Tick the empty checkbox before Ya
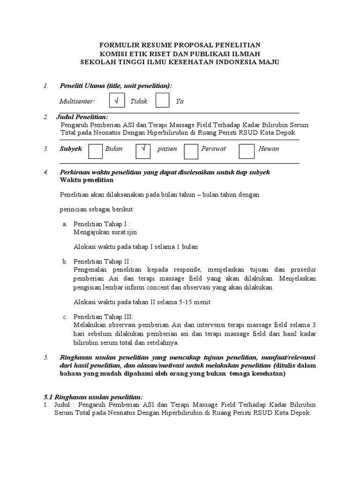point(163,100)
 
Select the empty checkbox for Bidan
point(95,150)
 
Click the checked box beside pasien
point(142,150)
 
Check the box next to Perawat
point(191,150)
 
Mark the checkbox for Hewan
point(246,150)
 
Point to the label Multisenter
point(77,101)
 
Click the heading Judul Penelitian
point(82,117)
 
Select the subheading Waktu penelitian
point(87,180)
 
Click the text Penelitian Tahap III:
point(103,317)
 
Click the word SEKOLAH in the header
point(97,62)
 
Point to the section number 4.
point(46,172)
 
